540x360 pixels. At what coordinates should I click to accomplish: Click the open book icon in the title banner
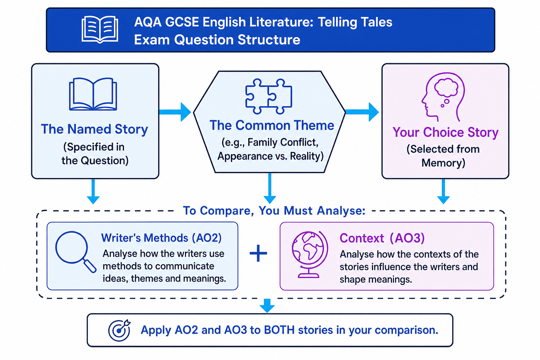click(x=100, y=30)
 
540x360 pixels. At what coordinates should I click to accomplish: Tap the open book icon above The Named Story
click(x=93, y=94)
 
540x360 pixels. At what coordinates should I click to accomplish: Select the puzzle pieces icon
click(x=269, y=96)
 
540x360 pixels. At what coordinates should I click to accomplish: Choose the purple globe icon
click(x=309, y=255)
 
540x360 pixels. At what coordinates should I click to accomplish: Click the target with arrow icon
click(x=119, y=330)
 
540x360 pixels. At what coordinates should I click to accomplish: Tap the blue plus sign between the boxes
click(x=258, y=253)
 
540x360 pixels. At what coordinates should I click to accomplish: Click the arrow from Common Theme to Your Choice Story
click(x=362, y=112)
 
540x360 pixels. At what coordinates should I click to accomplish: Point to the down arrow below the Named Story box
click(x=93, y=192)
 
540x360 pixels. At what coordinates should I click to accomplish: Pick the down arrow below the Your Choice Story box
click(x=443, y=192)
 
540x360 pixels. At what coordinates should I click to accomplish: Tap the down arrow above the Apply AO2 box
click(x=267, y=306)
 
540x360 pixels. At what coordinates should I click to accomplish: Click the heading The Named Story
click(x=95, y=129)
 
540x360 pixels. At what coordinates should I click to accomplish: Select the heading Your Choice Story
click(x=445, y=132)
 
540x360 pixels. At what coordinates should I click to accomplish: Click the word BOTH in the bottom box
click(x=279, y=330)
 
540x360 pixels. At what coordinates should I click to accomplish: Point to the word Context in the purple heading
click(x=362, y=238)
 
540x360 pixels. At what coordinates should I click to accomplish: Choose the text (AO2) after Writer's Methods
click(x=207, y=238)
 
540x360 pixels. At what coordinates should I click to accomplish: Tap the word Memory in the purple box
click(x=443, y=163)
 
